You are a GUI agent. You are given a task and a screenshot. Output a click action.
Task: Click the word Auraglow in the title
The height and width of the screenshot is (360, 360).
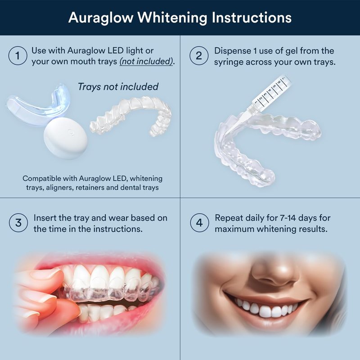pyautogui.click(x=101, y=18)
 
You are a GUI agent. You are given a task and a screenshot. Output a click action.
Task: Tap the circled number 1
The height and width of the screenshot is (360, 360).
pyautogui.click(x=18, y=56)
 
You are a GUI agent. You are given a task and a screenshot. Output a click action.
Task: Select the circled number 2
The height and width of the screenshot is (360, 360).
pyautogui.click(x=199, y=56)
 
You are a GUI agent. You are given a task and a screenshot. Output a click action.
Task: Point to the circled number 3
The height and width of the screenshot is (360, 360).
pyautogui.click(x=18, y=223)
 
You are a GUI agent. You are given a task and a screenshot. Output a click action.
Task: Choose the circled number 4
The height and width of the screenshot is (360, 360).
pyautogui.click(x=199, y=223)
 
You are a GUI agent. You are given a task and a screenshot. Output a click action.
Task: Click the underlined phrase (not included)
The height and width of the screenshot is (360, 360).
pyautogui.click(x=146, y=62)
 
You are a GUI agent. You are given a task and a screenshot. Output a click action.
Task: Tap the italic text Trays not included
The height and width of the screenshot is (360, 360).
pyautogui.click(x=118, y=87)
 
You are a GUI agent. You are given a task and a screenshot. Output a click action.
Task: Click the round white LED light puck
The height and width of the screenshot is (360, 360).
pyautogui.click(x=66, y=138)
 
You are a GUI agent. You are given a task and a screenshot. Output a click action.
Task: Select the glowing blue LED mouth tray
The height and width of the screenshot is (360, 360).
pyautogui.click(x=38, y=104)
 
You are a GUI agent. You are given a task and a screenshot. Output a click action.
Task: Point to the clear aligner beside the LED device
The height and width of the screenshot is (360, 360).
pyautogui.click(x=131, y=116)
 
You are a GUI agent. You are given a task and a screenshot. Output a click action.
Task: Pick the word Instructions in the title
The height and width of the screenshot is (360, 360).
pyautogui.click(x=252, y=18)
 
